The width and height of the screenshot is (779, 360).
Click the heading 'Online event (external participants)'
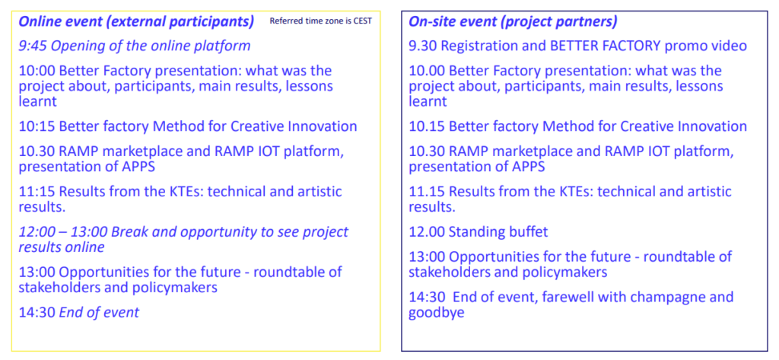136,22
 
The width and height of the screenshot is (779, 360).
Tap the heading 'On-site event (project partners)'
514,22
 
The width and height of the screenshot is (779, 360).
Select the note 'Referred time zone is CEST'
320,21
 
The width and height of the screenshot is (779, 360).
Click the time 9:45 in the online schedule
33,46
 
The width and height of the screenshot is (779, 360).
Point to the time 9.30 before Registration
423,46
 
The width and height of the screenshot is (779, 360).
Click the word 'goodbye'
436,314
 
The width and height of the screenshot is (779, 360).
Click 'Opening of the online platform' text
151,46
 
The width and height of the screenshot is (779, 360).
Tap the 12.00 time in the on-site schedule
427,232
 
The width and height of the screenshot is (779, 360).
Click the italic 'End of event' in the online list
100,313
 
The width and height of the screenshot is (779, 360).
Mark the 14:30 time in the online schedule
37,313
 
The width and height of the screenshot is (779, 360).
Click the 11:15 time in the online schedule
37,192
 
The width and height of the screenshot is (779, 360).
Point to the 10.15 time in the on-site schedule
427,126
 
